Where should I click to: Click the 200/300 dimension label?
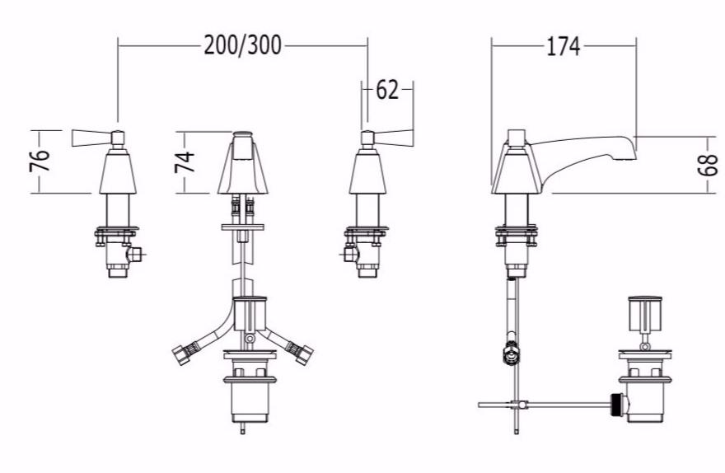[x=243, y=45]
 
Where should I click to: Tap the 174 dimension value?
[x=564, y=46]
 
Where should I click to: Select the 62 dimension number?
[x=387, y=90]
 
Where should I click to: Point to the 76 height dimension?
[x=40, y=161]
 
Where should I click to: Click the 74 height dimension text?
[x=185, y=162]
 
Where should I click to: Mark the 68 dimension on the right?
[x=708, y=165]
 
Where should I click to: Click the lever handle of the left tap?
[x=91, y=138]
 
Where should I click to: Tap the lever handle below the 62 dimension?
[x=393, y=138]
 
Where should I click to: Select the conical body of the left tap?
[x=118, y=173]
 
